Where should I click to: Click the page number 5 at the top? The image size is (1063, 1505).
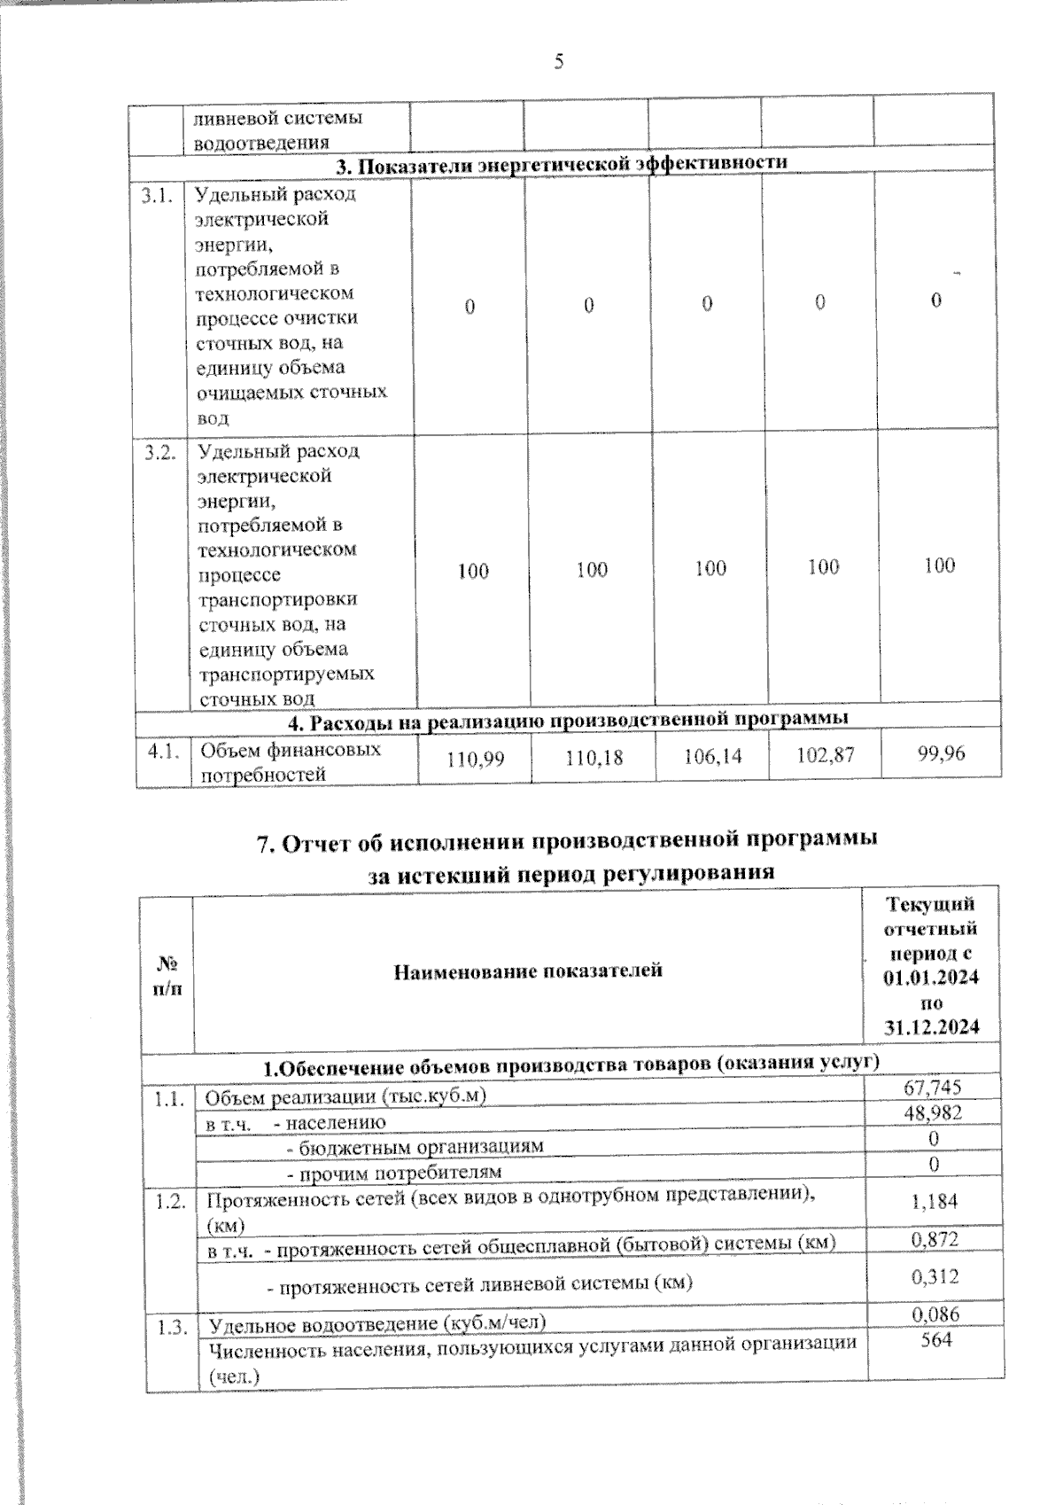559,61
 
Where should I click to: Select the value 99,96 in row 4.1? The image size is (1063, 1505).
942,753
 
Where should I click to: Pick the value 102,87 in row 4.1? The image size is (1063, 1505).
825,754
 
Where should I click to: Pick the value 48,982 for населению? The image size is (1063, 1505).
932,1113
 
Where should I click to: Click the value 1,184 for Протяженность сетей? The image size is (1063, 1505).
935,1201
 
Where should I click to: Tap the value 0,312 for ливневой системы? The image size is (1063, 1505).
935,1276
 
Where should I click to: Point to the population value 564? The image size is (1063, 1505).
935,1340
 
